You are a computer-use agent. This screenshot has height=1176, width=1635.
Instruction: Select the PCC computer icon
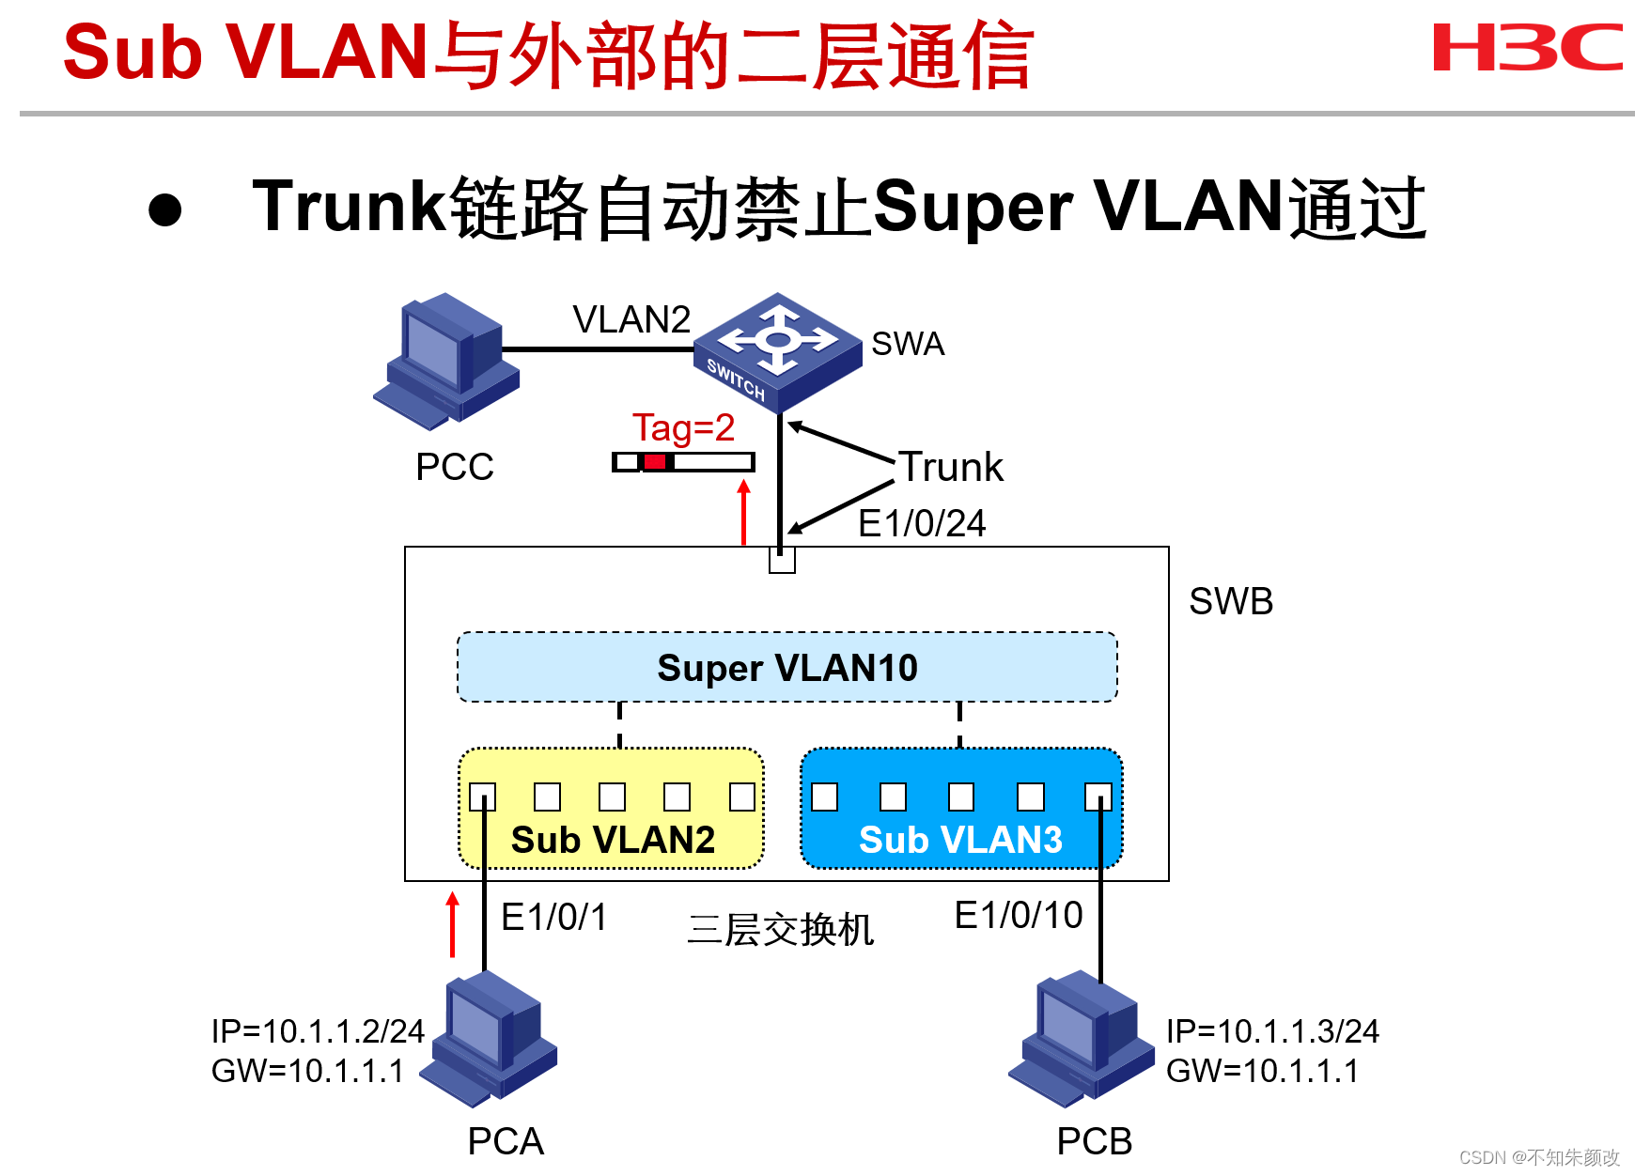click(447, 362)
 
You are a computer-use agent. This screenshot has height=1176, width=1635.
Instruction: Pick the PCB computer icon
click(1082, 1038)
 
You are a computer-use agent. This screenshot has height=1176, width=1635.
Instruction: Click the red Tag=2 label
click(683, 428)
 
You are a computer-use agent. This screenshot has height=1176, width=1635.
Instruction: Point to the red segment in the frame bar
click(655, 462)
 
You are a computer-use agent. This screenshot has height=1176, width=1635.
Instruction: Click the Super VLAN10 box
click(787, 668)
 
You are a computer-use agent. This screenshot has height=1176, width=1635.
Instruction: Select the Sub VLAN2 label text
click(613, 840)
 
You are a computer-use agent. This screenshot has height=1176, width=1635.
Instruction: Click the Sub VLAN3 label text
click(960, 840)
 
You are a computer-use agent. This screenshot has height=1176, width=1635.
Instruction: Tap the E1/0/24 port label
click(922, 523)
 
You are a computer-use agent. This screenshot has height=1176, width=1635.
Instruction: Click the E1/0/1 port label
click(553, 917)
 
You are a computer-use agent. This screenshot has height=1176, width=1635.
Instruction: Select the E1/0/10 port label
click(1019, 915)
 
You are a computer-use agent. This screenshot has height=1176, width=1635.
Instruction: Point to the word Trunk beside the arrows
click(952, 467)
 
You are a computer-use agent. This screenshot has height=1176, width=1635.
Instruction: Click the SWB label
click(1231, 601)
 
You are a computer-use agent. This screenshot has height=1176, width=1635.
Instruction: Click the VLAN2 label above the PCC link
click(631, 319)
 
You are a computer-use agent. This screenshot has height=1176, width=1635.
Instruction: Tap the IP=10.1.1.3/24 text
click(1272, 1031)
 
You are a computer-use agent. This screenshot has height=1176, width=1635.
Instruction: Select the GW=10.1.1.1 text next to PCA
click(307, 1071)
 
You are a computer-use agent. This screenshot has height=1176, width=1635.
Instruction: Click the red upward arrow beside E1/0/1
click(453, 925)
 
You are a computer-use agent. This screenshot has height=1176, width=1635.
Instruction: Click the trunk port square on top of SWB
click(782, 560)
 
